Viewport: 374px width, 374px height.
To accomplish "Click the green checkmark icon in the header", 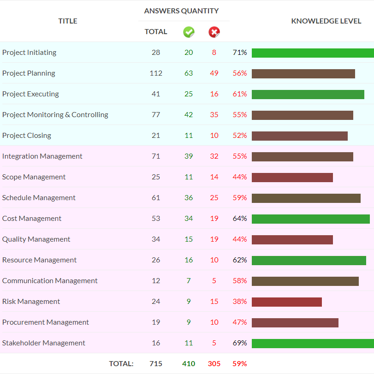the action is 189,32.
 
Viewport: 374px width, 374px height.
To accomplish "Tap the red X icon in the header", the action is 214,32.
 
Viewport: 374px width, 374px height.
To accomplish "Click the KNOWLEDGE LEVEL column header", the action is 326,21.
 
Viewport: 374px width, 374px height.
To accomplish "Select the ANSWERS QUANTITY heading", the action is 181,11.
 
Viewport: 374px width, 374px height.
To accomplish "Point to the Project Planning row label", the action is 29,73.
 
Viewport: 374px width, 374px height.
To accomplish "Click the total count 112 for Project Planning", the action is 156,73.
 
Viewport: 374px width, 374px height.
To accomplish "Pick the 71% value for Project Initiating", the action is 240,52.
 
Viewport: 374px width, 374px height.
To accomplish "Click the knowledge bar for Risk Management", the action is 287,302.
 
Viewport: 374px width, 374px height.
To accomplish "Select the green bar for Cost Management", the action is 311,219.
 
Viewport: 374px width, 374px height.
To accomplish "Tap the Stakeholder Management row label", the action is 44,343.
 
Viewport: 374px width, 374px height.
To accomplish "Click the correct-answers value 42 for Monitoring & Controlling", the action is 189,114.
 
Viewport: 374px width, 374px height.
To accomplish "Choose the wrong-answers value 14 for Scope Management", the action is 214,177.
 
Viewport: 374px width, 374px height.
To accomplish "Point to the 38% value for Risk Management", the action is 240,301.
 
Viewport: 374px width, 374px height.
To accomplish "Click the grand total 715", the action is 156,363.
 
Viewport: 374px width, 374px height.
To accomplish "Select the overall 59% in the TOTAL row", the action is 240,363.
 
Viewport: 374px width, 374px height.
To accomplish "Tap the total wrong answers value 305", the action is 214,363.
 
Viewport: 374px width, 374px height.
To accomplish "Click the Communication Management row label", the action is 50,281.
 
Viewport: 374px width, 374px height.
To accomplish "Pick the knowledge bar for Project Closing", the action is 300,136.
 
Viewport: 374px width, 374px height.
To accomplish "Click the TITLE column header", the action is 68,21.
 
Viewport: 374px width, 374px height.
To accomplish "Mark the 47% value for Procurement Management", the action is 240,322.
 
